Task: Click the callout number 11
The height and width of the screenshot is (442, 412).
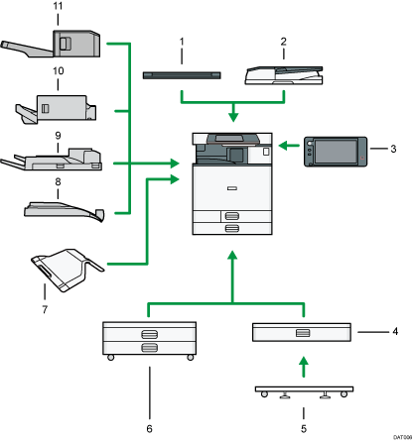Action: (58, 8)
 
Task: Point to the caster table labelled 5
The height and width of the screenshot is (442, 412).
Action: (304, 390)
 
